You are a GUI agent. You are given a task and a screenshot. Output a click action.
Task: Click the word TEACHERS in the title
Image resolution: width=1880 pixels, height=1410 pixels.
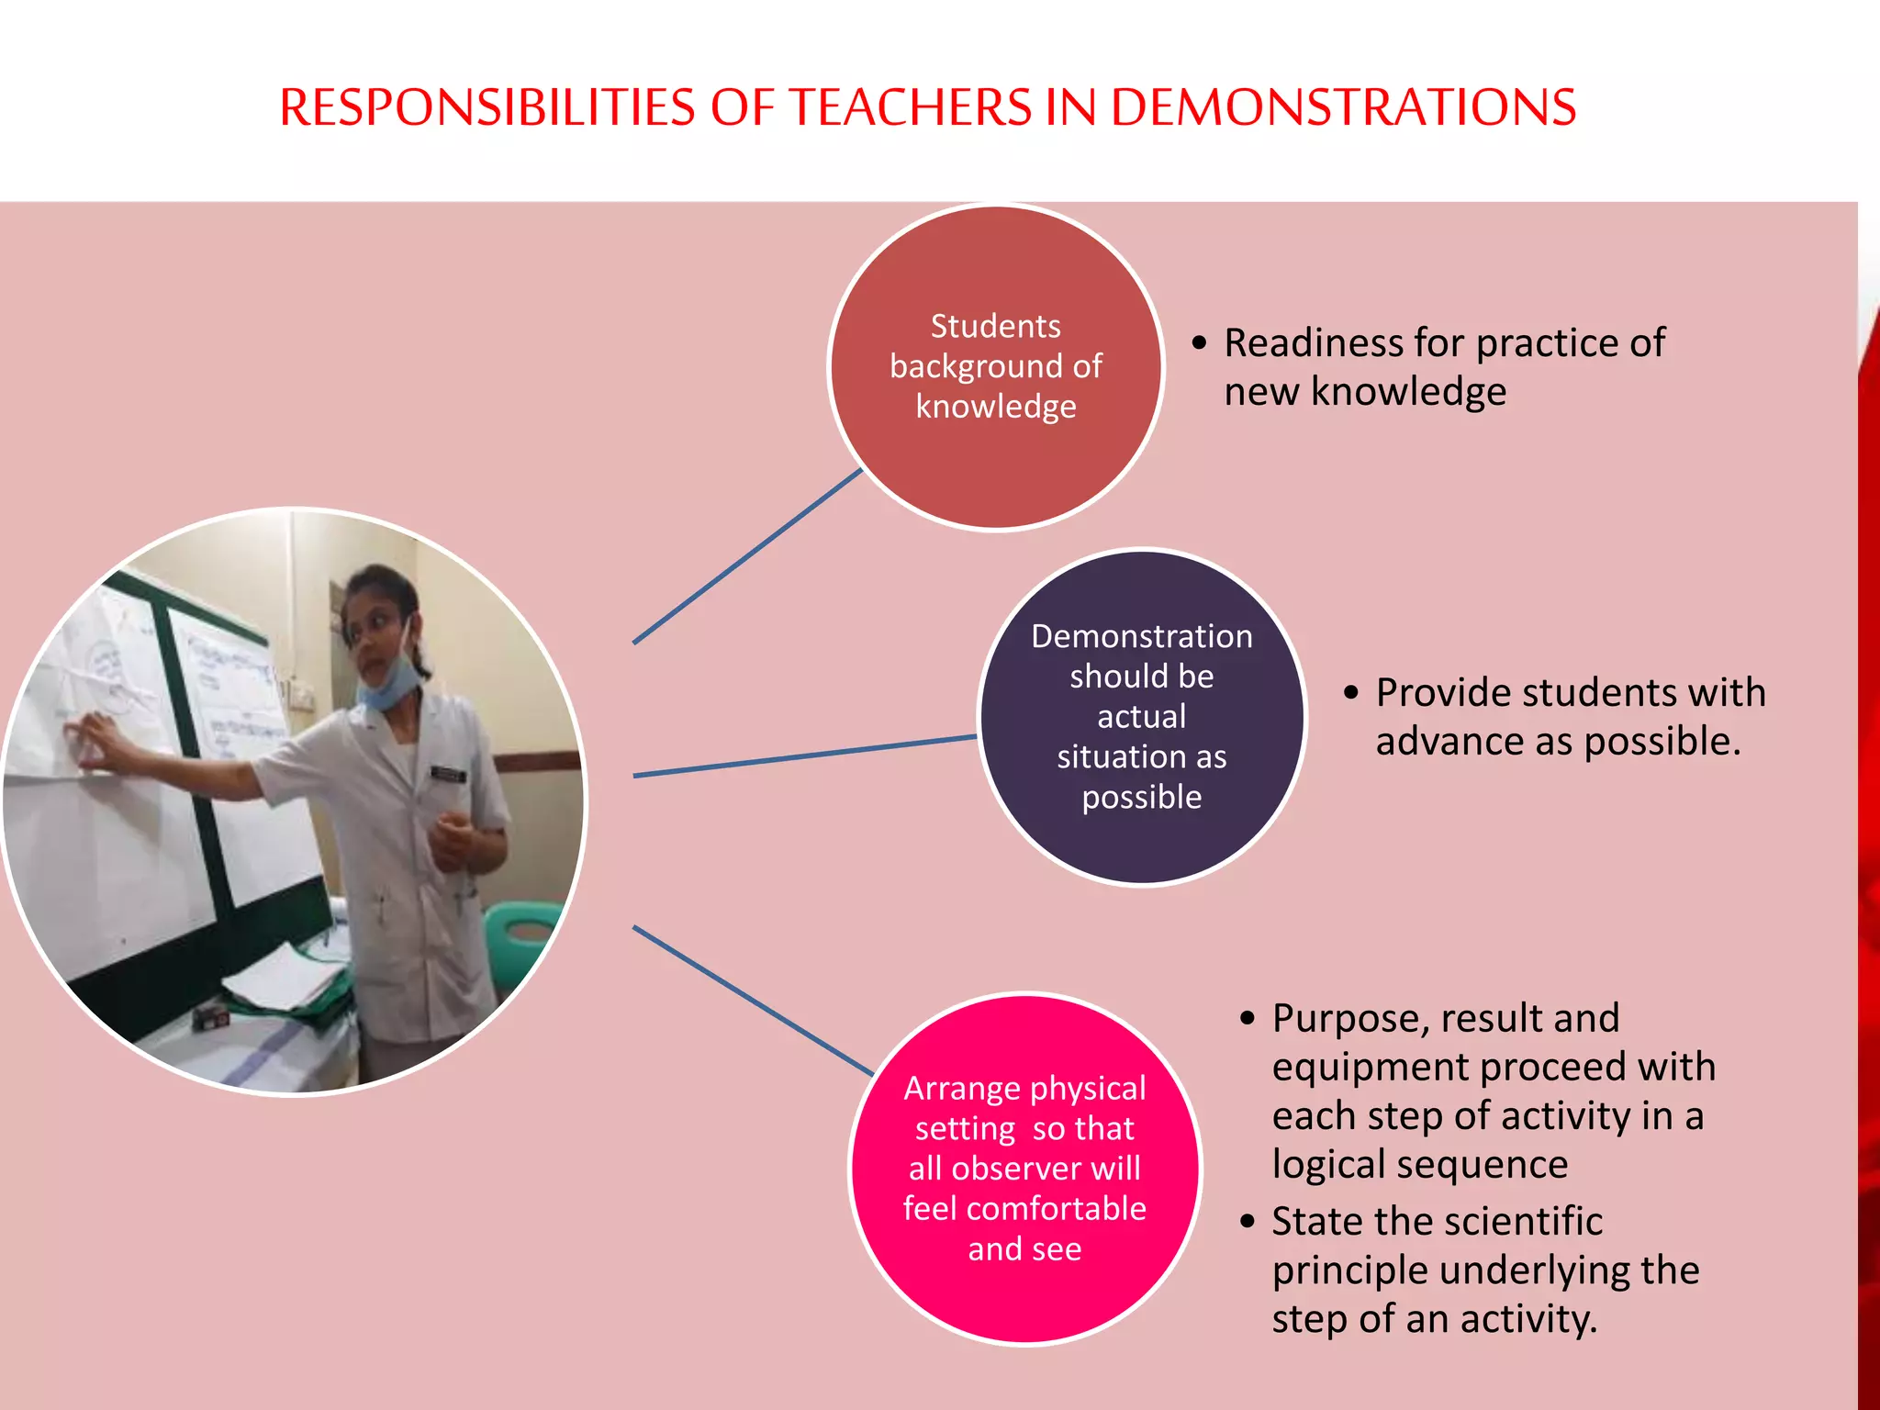coord(911,107)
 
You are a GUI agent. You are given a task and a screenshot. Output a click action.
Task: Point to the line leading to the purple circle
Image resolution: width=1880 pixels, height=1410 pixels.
coord(804,756)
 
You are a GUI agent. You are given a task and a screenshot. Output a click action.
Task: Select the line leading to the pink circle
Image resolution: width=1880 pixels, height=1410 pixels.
coord(753,1001)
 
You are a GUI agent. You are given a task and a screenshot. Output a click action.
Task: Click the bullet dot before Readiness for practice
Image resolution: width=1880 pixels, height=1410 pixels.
coord(1200,343)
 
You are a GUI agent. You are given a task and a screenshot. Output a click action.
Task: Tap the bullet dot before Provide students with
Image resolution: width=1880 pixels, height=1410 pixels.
coord(1350,692)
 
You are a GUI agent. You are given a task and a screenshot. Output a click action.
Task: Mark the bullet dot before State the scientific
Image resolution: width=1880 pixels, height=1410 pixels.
coord(1247,1222)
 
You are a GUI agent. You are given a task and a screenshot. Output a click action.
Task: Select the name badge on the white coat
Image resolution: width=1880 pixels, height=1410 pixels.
coord(448,774)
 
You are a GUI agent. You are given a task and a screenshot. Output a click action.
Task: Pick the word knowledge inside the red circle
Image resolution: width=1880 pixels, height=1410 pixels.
coord(996,407)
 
